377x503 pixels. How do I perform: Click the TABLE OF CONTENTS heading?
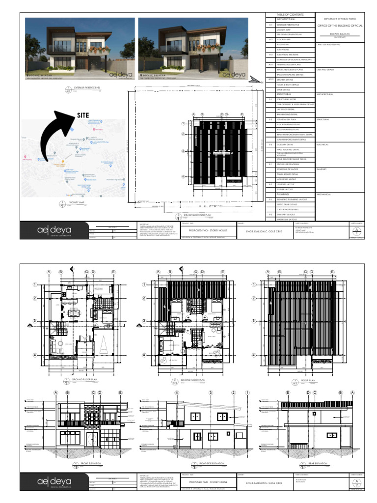[x=290, y=15]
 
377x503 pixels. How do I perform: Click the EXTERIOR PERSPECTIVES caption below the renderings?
[x=86, y=88]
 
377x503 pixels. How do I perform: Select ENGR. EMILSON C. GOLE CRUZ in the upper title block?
[x=269, y=230]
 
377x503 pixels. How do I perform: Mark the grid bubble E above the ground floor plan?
[x=113, y=271]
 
